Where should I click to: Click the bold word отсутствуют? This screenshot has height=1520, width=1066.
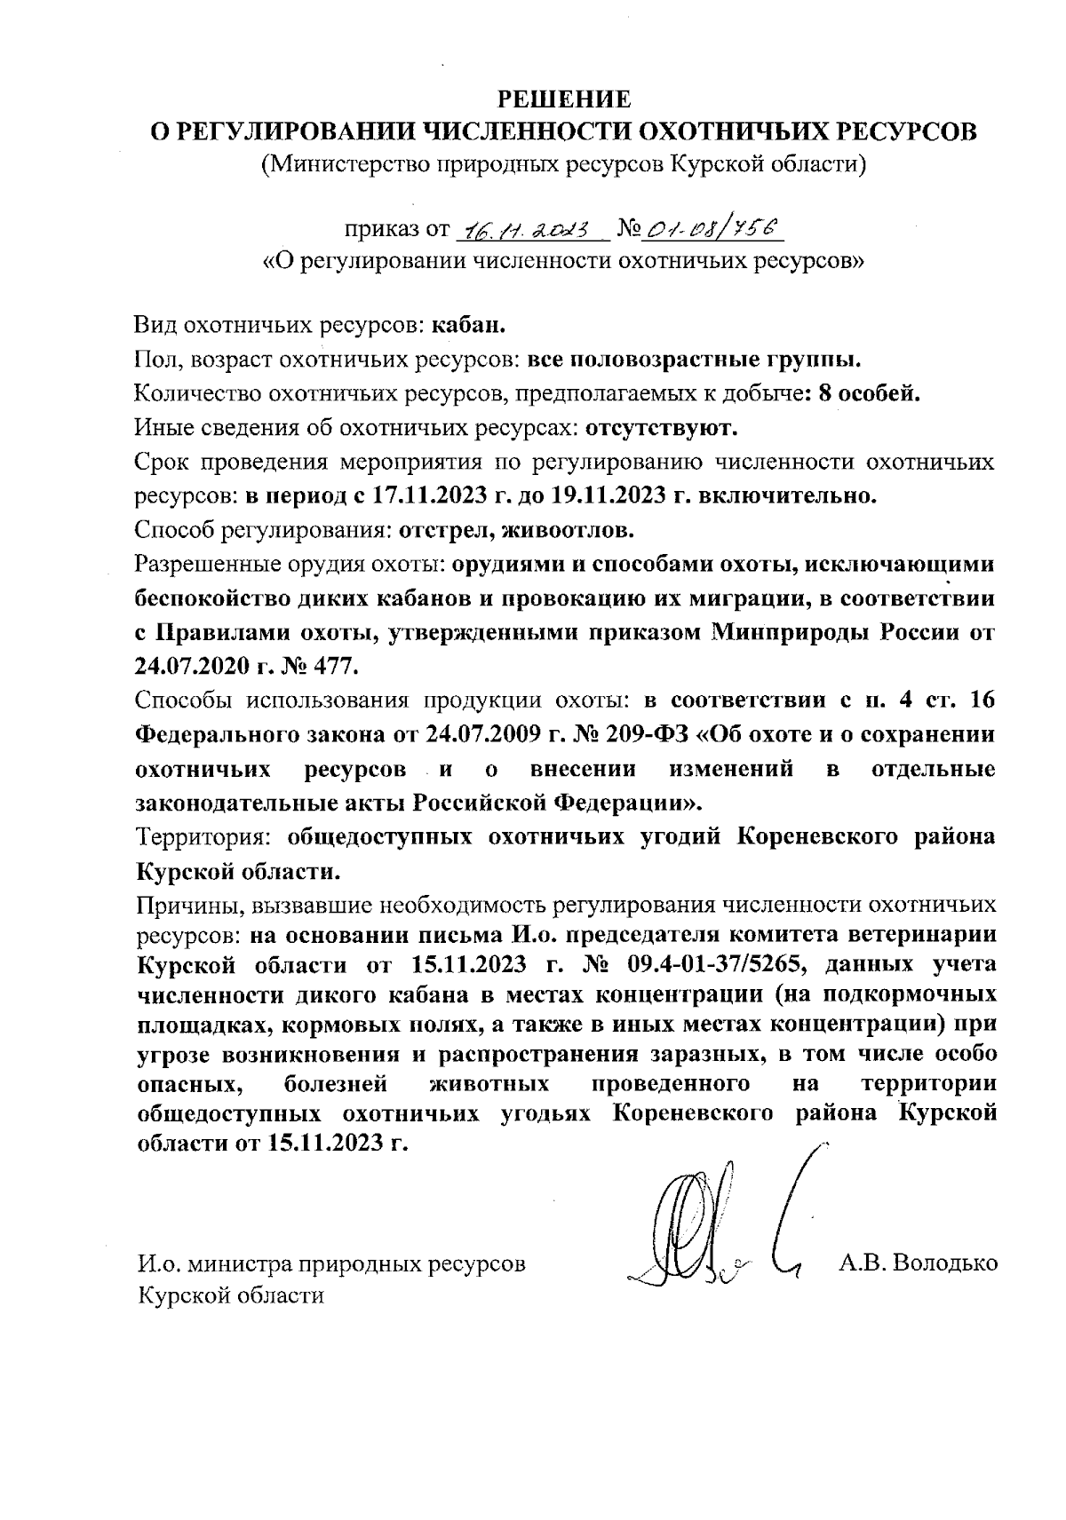662,429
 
